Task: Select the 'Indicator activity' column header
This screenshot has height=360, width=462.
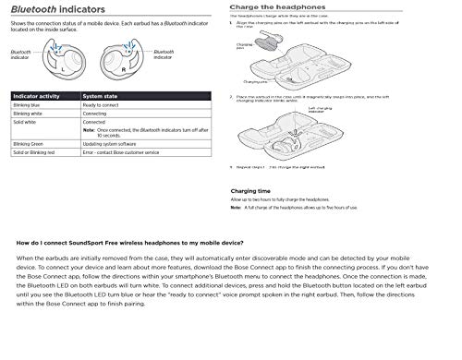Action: tap(42, 96)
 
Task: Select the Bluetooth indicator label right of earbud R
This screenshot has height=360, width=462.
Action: tap(163, 55)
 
